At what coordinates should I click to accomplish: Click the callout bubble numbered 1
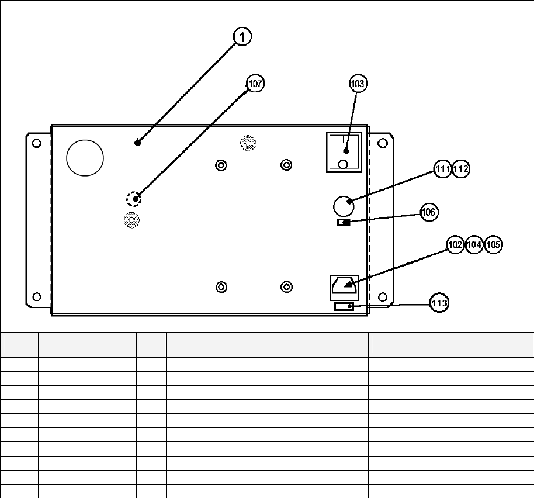click(242, 36)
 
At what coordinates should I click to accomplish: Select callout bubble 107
click(255, 84)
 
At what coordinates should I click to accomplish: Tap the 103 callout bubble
click(358, 84)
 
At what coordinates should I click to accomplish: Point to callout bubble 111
click(443, 170)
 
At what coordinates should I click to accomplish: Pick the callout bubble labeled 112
click(461, 170)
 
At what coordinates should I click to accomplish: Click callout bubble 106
click(429, 212)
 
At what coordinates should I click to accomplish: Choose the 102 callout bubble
click(455, 245)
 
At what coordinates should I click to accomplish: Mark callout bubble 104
click(474, 245)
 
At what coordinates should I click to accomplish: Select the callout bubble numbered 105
click(494, 245)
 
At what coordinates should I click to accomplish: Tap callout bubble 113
click(439, 303)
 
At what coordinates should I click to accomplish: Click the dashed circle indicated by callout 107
click(134, 199)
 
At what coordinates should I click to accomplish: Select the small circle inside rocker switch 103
click(344, 164)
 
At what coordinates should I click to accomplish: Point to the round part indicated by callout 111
click(343, 206)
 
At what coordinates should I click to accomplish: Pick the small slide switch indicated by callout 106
click(344, 222)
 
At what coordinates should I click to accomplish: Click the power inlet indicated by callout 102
click(344, 286)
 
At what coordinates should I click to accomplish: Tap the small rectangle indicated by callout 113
click(344, 306)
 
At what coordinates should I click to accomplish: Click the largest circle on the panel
click(85, 157)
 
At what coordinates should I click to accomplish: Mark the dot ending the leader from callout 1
click(137, 142)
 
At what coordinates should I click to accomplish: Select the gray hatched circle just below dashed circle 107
click(131, 220)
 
